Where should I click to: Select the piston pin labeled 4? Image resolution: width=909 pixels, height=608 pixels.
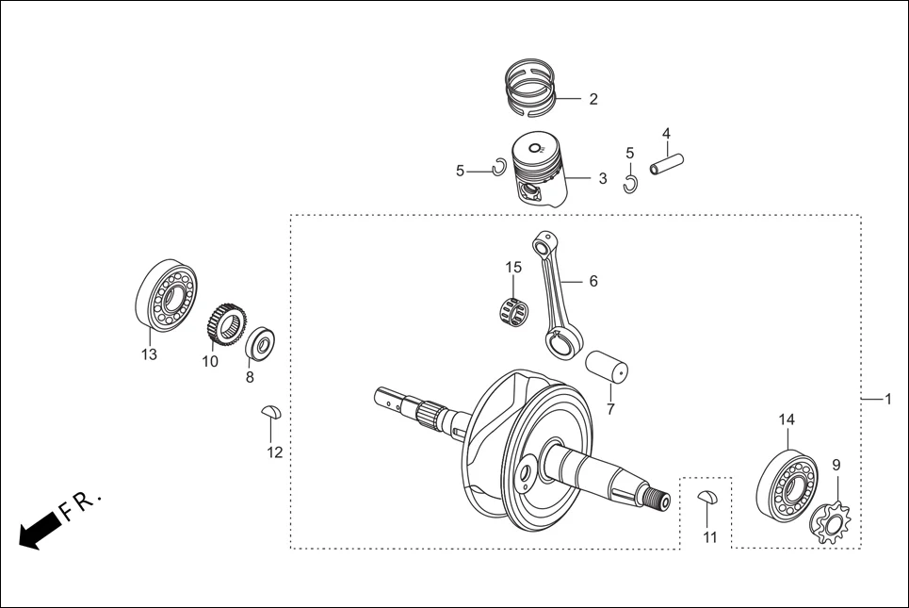click(663, 164)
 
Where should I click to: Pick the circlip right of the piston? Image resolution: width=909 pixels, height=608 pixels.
click(630, 183)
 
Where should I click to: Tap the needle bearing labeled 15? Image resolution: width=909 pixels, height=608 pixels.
click(510, 309)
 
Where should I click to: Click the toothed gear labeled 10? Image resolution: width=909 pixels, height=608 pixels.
click(219, 327)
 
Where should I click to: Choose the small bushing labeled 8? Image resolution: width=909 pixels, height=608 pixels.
click(259, 343)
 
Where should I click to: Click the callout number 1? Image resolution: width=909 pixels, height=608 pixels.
click(887, 400)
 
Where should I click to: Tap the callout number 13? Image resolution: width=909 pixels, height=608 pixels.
click(149, 355)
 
